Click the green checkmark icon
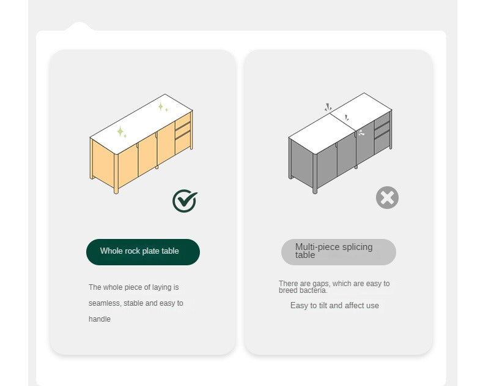pyautogui.click(x=185, y=201)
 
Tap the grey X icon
pyautogui.click(x=387, y=198)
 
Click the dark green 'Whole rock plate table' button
pyautogui.click(x=143, y=252)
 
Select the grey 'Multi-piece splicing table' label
pyautogui.click(x=339, y=252)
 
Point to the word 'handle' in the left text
pyautogui.click(x=100, y=319)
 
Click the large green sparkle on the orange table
pyautogui.click(x=120, y=132)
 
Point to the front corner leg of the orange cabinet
pyautogui.click(x=116, y=173)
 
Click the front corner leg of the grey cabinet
pyautogui.click(x=315, y=173)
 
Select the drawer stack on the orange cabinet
pyautogui.click(x=183, y=133)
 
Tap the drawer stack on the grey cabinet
pyautogui.click(x=382, y=133)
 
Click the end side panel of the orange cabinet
pyautogui.click(x=103, y=164)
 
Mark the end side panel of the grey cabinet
pyautogui.click(x=302, y=164)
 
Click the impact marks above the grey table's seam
pyautogui.click(x=328, y=107)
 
